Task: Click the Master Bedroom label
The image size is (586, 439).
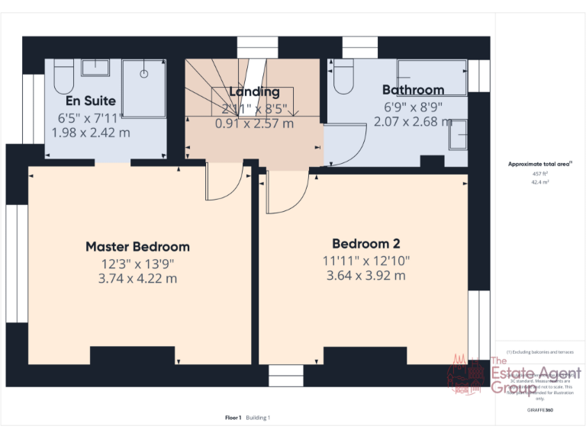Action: click(137, 246)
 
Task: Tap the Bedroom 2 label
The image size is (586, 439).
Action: click(366, 244)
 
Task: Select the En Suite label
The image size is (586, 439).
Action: click(91, 101)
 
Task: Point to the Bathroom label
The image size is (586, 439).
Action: click(413, 90)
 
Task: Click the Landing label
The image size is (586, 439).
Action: click(254, 92)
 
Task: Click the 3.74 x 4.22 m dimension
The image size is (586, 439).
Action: click(137, 278)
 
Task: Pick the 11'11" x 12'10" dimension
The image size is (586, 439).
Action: click(366, 260)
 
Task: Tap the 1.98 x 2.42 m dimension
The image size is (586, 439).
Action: click(91, 132)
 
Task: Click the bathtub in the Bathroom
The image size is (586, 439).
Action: click(432, 76)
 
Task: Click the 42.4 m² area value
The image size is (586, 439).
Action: click(540, 182)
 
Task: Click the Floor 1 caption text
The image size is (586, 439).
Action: click(233, 417)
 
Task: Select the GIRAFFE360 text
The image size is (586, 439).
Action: click(539, 411)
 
